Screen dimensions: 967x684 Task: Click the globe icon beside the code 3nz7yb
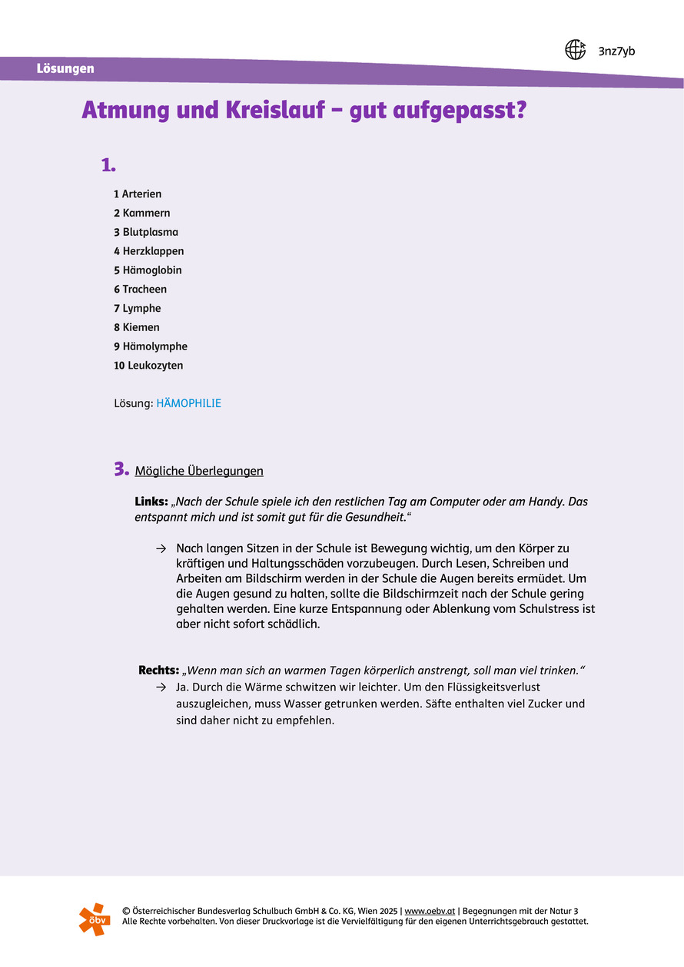[575, 50]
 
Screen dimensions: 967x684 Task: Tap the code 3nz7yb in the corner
[616, 51]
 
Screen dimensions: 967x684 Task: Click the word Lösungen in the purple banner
[65, 68]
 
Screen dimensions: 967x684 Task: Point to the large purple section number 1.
[108, 164]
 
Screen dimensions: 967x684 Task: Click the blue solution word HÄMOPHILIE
[188, 403]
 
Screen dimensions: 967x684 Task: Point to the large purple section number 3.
[121, 469]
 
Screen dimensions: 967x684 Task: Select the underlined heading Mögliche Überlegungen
[199, 471]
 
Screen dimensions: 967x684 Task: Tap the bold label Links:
[151, 502]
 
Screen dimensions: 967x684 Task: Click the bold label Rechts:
[158, 671]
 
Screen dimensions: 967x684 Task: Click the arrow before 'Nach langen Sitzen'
[161, 548]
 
